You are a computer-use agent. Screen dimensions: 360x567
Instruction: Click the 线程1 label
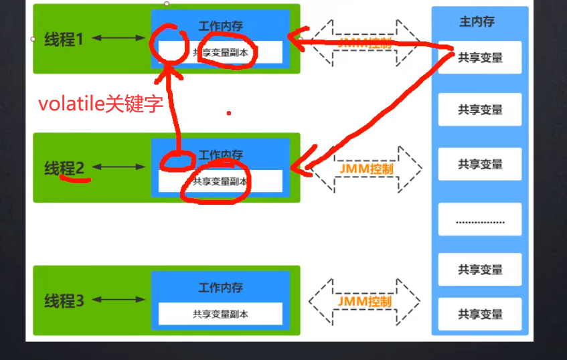click(64, 39)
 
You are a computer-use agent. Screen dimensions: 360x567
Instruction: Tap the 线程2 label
click(64, 168)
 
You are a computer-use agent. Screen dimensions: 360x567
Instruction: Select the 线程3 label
click(64, 300)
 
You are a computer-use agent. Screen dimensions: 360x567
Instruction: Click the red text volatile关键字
click(100, 104)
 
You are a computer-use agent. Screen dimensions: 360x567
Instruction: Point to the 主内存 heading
click(477, 21)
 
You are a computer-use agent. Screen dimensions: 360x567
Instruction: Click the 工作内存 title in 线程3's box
click(220, 288)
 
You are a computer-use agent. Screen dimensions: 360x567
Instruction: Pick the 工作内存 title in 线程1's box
click(220, 26)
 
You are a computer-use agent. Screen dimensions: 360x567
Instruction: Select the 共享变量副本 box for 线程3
click(220, 313)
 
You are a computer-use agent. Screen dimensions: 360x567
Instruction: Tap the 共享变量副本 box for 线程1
click(220, 51)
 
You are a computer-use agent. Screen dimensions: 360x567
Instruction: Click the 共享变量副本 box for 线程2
click(220, 181)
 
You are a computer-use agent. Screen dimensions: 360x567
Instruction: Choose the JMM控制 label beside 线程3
click(364, 301)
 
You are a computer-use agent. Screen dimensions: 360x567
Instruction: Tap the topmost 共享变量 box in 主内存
click(480, 58)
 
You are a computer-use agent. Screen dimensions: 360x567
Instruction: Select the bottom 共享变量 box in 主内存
click(480, 314)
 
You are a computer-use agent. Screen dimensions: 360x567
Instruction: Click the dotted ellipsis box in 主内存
click(480, 220)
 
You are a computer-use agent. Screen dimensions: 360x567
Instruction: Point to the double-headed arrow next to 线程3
click(118, 300)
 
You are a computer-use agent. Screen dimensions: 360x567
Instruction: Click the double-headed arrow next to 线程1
click(118, 38)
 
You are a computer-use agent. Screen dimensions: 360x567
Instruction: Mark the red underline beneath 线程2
click(75, 179)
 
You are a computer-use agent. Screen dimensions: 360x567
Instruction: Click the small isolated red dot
click(228, 113)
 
